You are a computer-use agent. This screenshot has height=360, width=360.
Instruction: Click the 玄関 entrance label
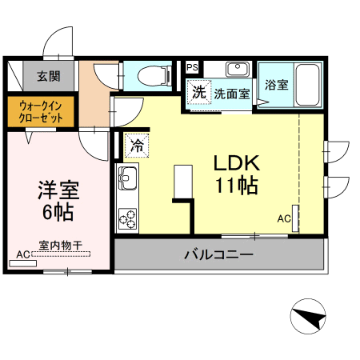[49, 76]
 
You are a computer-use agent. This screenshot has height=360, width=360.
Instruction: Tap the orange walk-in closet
[41, 111]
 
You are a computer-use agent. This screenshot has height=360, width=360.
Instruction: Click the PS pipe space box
[192, 67]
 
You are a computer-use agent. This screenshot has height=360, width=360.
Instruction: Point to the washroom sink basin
[238, 69]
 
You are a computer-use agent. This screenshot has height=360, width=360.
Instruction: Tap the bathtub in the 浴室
[308, 85]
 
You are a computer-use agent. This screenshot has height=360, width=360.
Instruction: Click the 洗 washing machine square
[199, 92]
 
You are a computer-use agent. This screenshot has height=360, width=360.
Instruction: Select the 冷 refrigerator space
[138, 146]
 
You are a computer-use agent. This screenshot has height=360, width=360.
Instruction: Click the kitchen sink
[128, 178]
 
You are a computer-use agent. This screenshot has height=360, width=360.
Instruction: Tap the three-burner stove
[127, 219]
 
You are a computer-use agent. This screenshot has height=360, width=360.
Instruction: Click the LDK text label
[237, 163]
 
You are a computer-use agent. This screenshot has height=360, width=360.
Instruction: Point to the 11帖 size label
[237, 186]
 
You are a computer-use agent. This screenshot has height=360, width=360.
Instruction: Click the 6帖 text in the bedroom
[58, 212]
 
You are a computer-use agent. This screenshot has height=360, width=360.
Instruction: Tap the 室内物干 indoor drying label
[61, 246]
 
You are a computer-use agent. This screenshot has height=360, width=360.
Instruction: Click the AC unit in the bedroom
[23, 263]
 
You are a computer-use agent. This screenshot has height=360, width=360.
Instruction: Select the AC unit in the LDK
[295, 218]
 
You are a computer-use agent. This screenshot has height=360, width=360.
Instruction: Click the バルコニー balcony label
[218, 254]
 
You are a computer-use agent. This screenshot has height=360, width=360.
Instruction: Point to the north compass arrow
[309, 318]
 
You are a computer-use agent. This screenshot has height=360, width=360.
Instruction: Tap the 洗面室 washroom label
[232, 94]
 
